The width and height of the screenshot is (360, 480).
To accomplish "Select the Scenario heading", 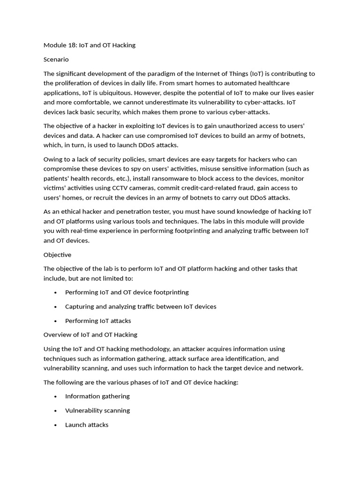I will tap(56, 60).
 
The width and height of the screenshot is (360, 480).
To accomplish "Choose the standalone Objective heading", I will tap(58, 255).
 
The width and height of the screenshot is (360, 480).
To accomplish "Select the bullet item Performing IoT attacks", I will tap(98, 321).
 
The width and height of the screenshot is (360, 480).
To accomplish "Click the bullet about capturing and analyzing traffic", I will tap(141, 307).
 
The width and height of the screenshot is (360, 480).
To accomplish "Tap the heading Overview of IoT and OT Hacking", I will tap(90, 335).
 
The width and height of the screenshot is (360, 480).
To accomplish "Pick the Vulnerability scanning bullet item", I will tap(97, 411).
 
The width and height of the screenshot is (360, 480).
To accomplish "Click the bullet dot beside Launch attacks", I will tap(55, 425).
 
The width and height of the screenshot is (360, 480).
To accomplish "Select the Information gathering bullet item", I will tap(97, 397).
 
